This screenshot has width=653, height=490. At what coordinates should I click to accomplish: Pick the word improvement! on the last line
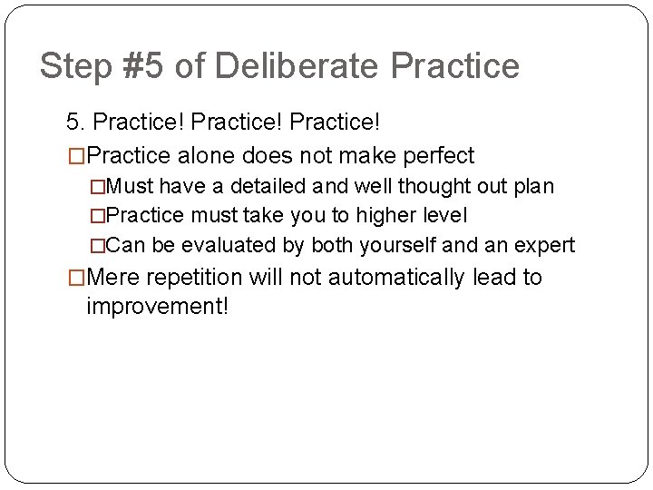[158, 307]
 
